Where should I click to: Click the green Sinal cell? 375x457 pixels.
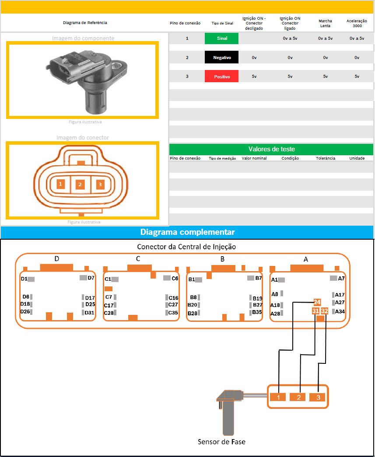point(221,38)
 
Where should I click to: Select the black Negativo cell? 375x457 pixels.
point(221,57)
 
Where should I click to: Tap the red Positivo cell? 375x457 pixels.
point(221,77)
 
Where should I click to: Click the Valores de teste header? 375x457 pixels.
point(271,149)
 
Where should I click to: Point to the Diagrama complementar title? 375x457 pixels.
point(187,232)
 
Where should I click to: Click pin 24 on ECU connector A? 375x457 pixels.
point(317,302)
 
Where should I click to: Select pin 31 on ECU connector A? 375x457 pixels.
point(315,311)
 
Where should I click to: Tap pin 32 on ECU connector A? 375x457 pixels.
point(324,311)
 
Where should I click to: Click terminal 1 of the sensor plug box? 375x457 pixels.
point(278,397)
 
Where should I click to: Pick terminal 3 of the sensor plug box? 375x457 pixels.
point(317,397)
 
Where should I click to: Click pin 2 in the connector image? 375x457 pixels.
point(80,185)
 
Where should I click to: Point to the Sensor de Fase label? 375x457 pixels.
point(221,442)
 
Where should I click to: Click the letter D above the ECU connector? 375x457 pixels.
point(57,259)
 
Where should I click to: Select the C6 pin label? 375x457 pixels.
point(175,278)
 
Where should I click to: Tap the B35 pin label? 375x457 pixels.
point(257,312)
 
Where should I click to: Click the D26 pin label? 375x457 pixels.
point(25,311)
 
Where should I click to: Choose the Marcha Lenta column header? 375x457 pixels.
point(325,23)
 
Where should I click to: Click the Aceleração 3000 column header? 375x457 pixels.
point(357,23)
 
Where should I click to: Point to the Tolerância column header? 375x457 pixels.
point(326,158)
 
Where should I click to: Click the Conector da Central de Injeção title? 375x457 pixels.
point(186,247)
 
